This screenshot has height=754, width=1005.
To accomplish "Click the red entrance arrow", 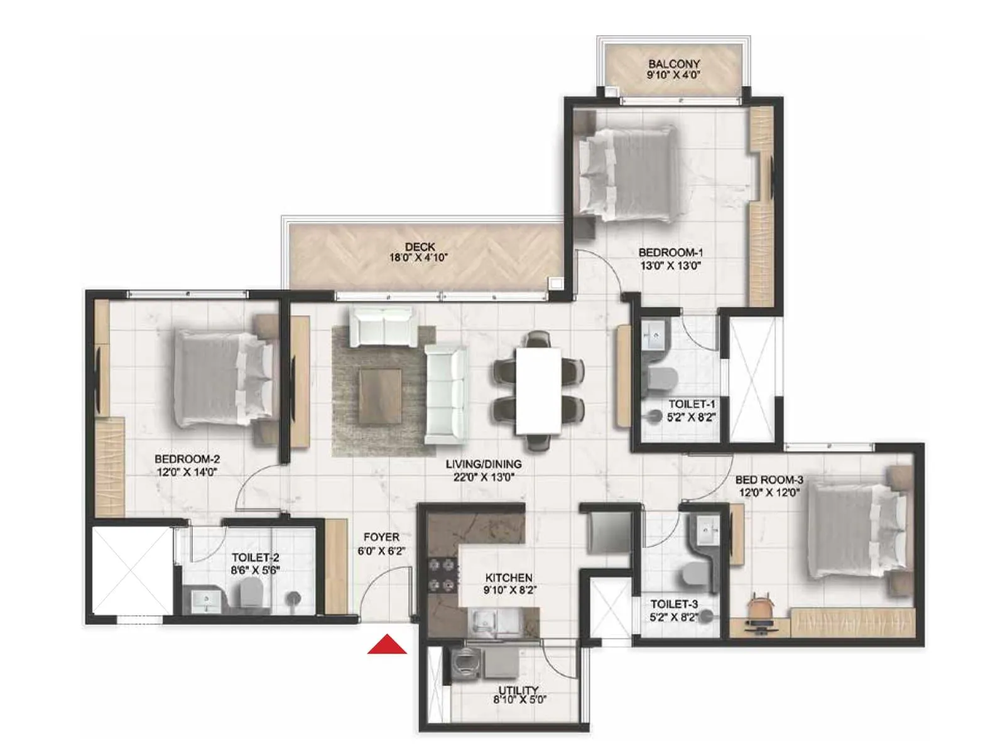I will point(387,645).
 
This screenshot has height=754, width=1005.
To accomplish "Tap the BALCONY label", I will point(674,64).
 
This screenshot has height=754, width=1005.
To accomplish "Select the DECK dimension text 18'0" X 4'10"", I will point(420,258).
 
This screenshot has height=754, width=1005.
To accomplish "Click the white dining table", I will point(538,390).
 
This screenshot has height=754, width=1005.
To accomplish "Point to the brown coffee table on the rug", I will point(381,396).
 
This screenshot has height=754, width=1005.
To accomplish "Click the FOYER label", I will point(381,537).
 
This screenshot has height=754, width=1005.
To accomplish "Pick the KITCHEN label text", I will point(509,577).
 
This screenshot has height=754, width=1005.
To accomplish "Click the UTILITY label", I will point(519,690).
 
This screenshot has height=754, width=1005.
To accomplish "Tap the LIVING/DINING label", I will point(484,464).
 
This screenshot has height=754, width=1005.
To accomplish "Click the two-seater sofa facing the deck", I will point(382,326).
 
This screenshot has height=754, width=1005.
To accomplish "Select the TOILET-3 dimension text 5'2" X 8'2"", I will point(674,617).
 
